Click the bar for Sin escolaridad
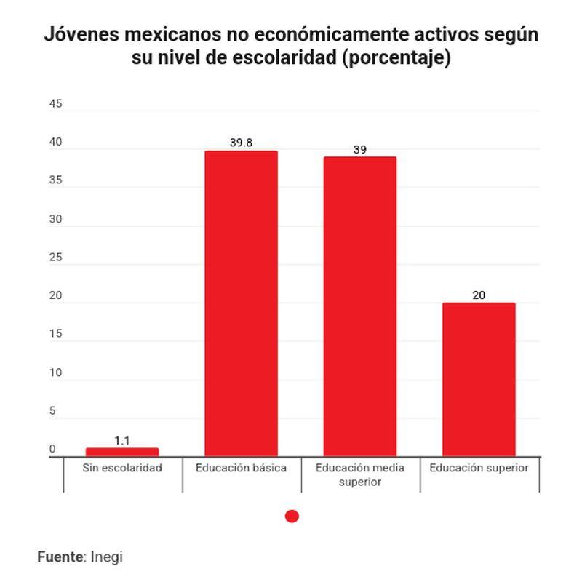pyautogui.click(x=122, y=452)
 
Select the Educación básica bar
pyautogui.click(x=241, y=303)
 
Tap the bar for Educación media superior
pyautogui.click(x=360, y=306)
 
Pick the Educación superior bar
pyautogui.click(x=479, y=379)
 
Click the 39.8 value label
pyautogui.click(x=241, y=143)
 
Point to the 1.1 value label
pyautogui.click(x=122, y=440)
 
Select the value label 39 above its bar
pyautogui.click(x=360, y=150)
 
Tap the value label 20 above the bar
pyautogui.click(x=479, y=295)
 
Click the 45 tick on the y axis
pyautogui.click(x=56, y=104)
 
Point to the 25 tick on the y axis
pyautogui.click(x=56, y=258)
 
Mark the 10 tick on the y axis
pyautogui.click(x=56, y=372)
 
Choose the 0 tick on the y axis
pyautogui.click(x=52, y=449)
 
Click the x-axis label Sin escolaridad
pyautogui.click(x=122, y=468)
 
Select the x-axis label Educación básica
pyautogui.click(x=241, y=468)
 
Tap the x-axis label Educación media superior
pyautogui.click(x=360, y=474)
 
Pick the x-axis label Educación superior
pyautogui.click(x=479, y=468)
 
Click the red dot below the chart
pyautogui.click(x=292, y=517)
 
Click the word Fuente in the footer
pyautogui.click(x=60, y=557)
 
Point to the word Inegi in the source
pyautogui.click(x=107, y=557)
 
